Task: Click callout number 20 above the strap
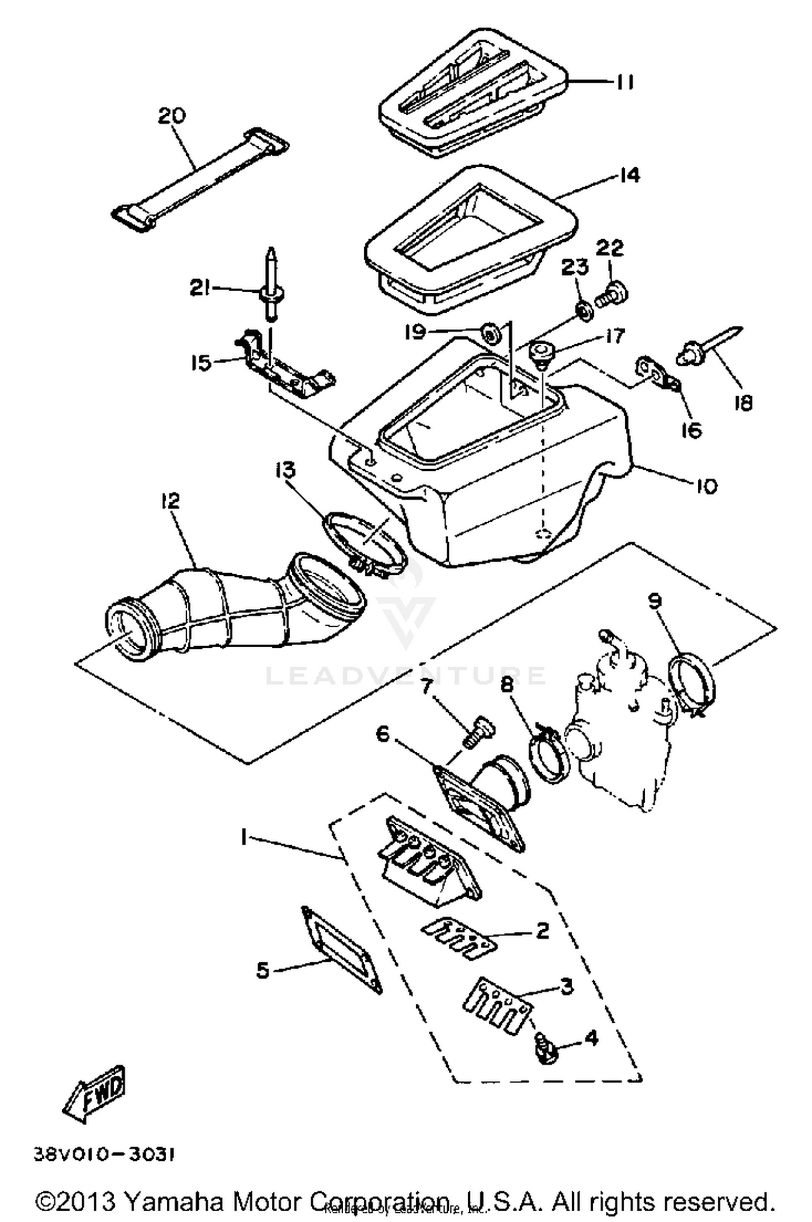[x=172, y=116]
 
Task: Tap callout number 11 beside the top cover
[x=624, y=82]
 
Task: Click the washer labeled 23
[x=584, y=313]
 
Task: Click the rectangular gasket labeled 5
[x=342, y=950]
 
